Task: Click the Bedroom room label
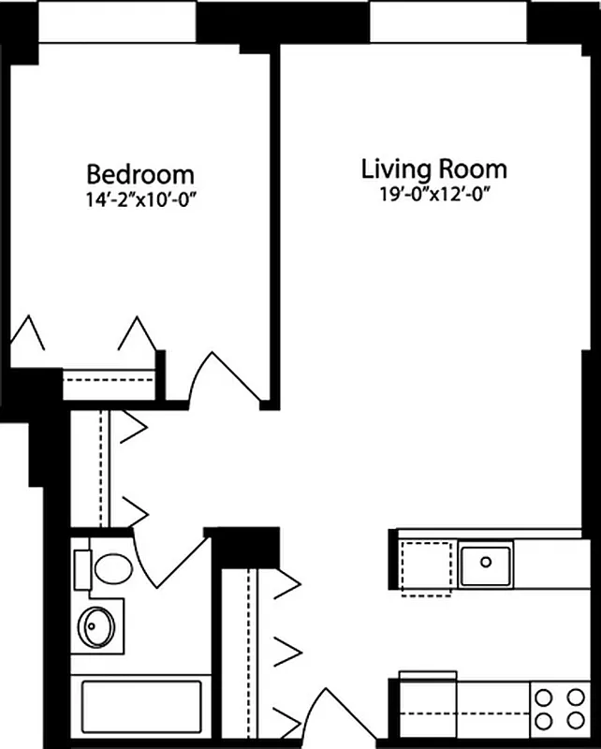pyautogui.click(x=140, y=174)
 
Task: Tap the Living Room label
pyautogui.click(x=434, y=169)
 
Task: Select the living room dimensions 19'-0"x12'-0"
pyautogui.click(x=434, y=195)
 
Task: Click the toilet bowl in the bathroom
pyautogui.click(x=115, y=567)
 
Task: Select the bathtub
pyautogui.click(x=141, y=709)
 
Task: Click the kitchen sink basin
pyautogui.click(x=486, y=563)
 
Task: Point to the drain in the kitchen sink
pyautogui.click(x=487, y=562)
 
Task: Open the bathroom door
pyautogui.click(x=173, y=560)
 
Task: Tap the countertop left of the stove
pyautogui.click(x=464, y=709)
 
